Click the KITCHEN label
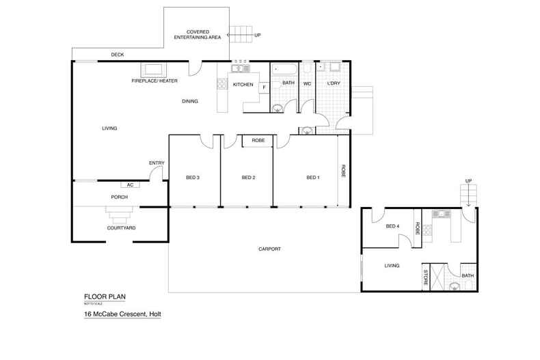tap(243, 85)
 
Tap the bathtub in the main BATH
tap(284, 69)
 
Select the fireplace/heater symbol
tap(152, 69)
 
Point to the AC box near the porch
tap(130, 184)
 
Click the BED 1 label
tap(312, 178)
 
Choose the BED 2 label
tap(248, 178)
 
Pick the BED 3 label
tap(193, 178)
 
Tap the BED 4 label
tap(392, 227)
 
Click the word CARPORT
tap(270, 249)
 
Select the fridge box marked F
tap(263, 87)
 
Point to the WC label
tap(308, 84)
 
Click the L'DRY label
tap(334, 84)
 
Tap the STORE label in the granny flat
tap(426, 277)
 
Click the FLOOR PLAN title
tap(105, 296)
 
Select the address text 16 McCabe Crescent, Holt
tap(122, 314)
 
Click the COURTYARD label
tap(121, 227)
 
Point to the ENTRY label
tap(157, 163)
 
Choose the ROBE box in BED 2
tap(258, 140)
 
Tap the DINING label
tap(190, 101)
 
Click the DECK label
tap(118, 55)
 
